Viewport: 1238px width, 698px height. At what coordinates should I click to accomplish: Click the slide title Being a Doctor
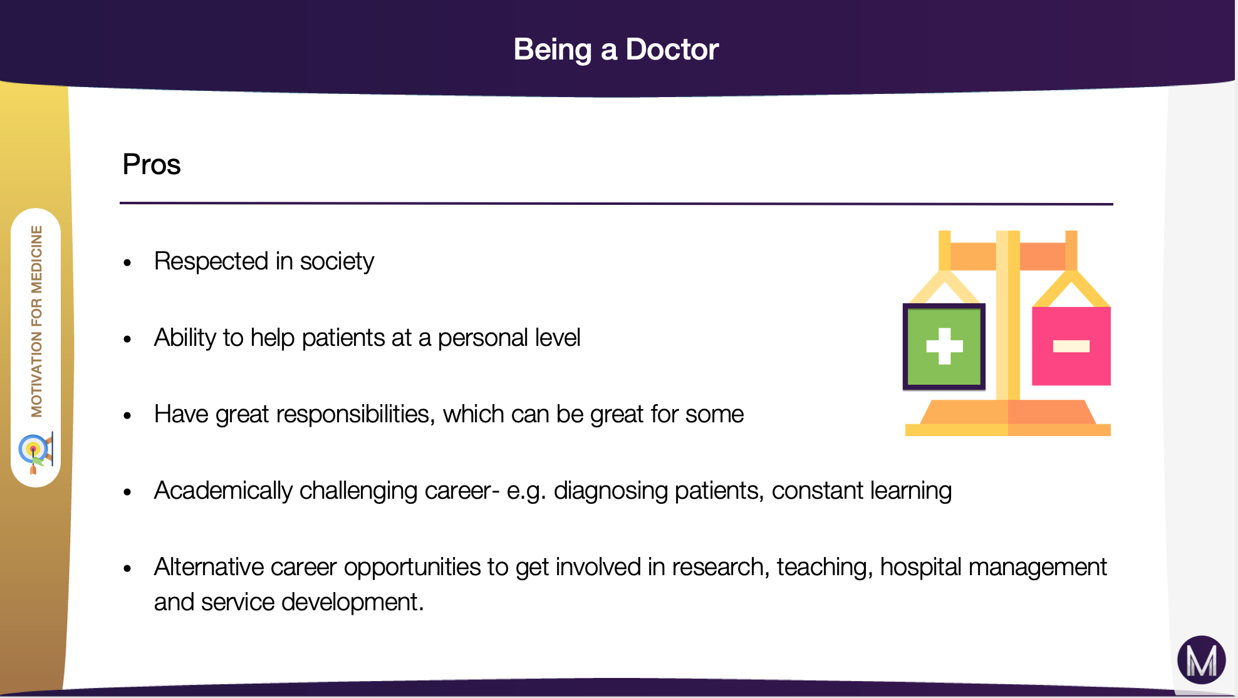point(616,49)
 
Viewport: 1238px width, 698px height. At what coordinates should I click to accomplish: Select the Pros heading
point(151,165)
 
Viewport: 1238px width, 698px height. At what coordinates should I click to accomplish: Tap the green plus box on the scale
point(944,346)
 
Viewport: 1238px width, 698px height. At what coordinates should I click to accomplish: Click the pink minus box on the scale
point(1071,346)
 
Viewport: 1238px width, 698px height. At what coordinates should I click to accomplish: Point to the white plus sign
point(944,346)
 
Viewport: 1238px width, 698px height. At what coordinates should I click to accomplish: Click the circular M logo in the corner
point(1201,660)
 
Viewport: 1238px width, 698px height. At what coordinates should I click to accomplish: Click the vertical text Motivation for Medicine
point(36,321)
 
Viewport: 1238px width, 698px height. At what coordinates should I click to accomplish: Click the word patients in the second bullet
point(343,338)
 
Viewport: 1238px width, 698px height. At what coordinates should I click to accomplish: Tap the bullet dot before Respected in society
point(128,263)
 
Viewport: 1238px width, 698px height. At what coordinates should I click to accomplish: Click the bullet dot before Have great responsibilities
point(128,416)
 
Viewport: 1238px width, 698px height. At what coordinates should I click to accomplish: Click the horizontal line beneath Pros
point(616,204)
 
